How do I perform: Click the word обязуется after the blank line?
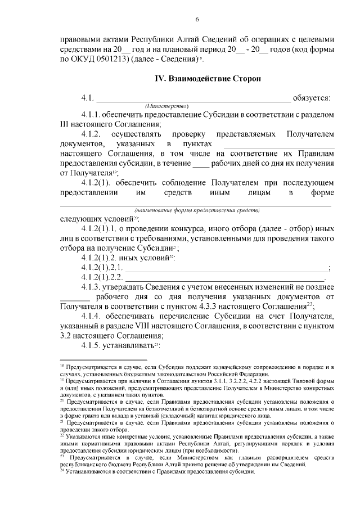coord(312,98)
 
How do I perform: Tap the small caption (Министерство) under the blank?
coord(166,106)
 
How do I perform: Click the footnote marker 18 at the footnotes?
coord(61,366)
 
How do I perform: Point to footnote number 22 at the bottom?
coord(62,435)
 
